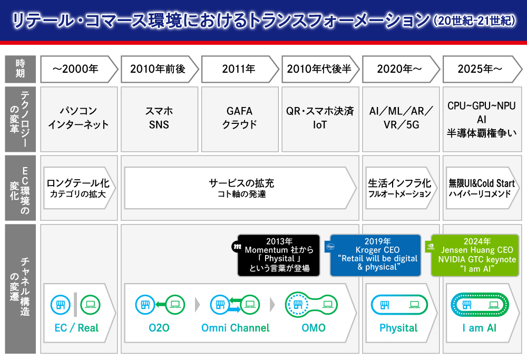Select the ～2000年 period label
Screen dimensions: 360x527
coord(77,69)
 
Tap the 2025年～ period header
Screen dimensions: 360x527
coord(479,69)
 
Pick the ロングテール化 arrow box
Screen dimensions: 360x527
coord(78,188)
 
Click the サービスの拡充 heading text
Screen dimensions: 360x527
coord(241,183)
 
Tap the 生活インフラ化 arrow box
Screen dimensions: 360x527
coord(399,188)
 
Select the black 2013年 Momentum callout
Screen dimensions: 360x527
coord(278,255)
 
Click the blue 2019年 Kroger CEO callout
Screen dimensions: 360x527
coord(376,255)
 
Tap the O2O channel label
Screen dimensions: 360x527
coord(159,328)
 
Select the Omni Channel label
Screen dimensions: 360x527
coord(235,328)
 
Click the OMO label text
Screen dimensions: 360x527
coord(314,328)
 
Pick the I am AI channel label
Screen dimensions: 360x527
coord(479,328)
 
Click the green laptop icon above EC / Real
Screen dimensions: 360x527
coord(90,304)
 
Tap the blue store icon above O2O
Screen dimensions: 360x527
coord(144,304)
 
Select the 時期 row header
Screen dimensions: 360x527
coord(20,69)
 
